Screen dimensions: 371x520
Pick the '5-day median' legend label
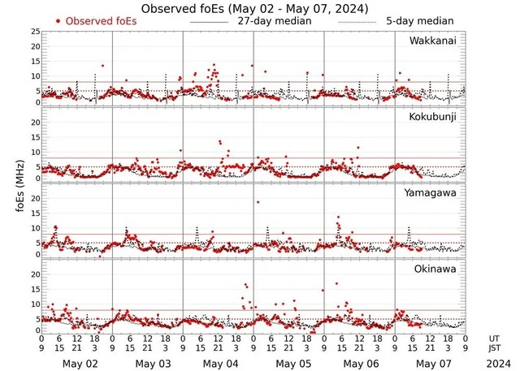click(419, 20)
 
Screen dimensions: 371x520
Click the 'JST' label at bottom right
click(495, 349)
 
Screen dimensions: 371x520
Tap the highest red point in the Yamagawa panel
click(258, 202)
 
